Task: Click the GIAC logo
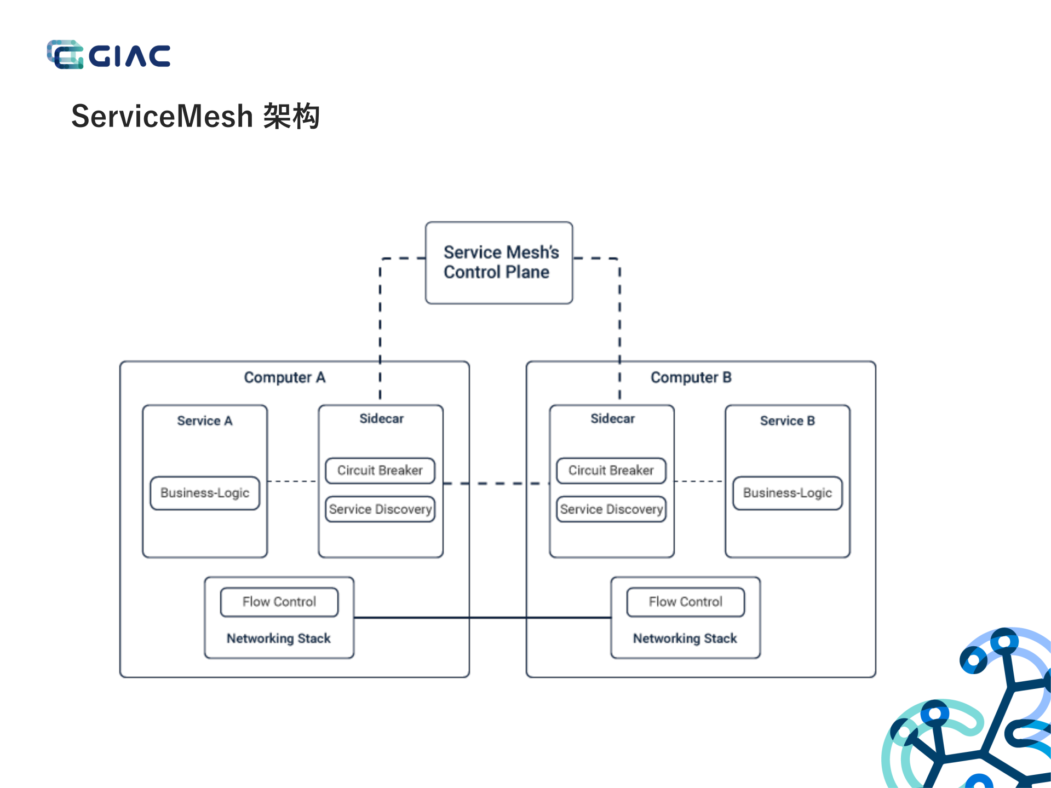[108, 55]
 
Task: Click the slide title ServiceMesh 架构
[195, 116]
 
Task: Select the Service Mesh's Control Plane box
[499, 262]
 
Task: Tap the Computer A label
[284, 377]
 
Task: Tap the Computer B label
[691, 377]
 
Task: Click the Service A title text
[204, 421]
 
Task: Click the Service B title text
[787, 421]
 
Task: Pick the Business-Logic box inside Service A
[205, 493]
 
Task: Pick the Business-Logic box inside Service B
[787, 493]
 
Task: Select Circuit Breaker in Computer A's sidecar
[380, 470]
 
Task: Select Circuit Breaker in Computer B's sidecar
[611, 470]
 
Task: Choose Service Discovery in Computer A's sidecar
[380, 509]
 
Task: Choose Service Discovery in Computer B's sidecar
[611, 509]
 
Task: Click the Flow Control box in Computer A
[279, 602]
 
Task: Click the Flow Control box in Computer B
[685, 602]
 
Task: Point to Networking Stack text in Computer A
[279, 639]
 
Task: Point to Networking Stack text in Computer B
[685, 639]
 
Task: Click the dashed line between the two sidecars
[496, 484]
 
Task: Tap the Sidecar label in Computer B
[612, 418]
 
